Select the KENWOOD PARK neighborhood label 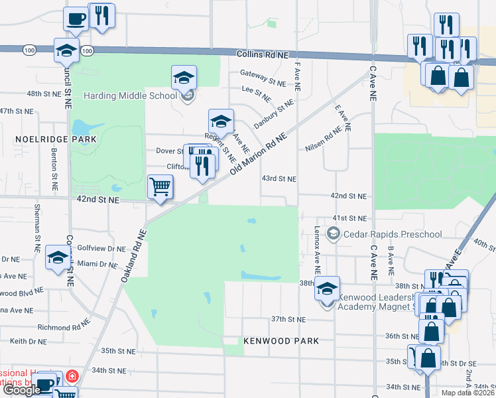coord(281,341)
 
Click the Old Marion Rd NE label coord(258,153)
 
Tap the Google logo coord(22,391)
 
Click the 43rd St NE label coord(279,179)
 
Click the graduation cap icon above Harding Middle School coord(184,78)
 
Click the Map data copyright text coord(467,393)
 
